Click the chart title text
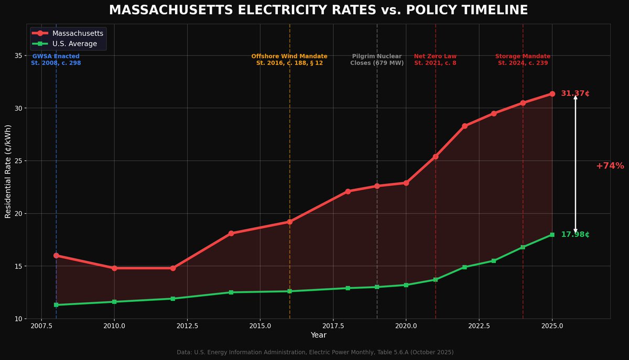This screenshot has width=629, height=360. (318, 10)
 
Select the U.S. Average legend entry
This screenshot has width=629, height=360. (74, 43)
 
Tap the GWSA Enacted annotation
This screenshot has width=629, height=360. (56, 59)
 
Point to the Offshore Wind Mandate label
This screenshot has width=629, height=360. (289, 59)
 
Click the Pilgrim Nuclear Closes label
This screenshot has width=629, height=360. (377, 59)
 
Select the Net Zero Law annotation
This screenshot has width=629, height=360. (435, 59)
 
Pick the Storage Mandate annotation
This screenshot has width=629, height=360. (523, 59)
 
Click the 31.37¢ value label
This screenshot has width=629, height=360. (575, 94)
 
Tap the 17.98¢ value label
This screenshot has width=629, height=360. (575, 235)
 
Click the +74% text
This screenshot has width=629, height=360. (610, 166)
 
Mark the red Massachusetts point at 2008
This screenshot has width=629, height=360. (56, 255)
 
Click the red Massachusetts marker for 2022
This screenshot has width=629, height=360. (464, 126)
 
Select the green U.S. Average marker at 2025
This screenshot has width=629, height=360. (552, 235)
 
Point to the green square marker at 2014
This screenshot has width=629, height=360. (231, 292)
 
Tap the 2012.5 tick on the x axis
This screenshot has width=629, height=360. (187, 326)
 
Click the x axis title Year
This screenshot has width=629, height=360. (318, 335)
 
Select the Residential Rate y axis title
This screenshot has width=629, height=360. (8, 171)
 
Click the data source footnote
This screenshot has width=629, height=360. (315, 352)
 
